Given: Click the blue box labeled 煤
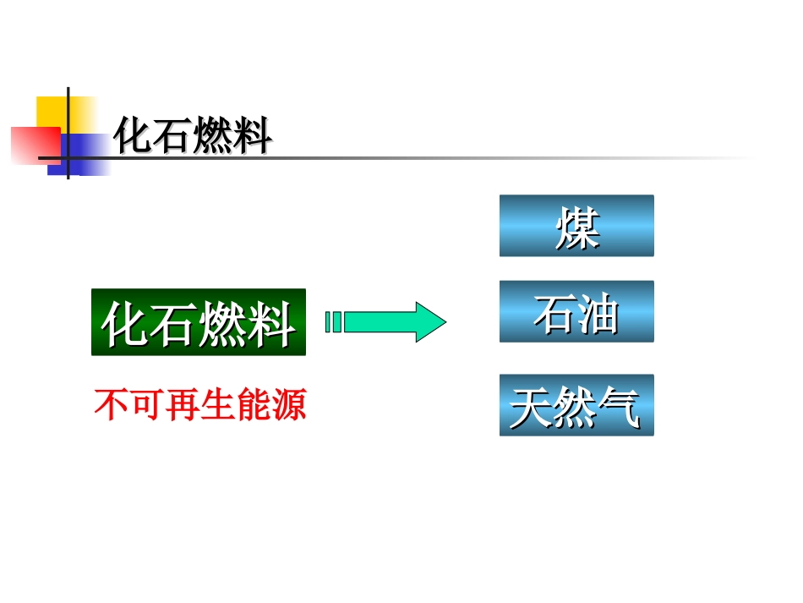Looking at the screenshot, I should (x=576, y=226).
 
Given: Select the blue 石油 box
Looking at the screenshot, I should (x=576, y=311).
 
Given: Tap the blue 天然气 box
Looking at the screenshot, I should (x=576, y=405).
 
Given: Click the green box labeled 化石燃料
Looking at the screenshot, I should (x=199, y=322).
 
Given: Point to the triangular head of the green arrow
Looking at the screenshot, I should (x=430, y=322).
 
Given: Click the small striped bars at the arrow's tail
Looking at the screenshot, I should (x=333, y=322).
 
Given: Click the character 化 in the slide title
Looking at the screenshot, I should (x=134, y=135).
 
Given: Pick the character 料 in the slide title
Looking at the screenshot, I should (x=253, y=135).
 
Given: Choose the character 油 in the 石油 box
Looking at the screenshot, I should (x=598, y=312).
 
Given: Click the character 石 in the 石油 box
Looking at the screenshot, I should (x=554, y=312).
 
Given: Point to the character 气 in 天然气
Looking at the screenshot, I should (x=620, y=407).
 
